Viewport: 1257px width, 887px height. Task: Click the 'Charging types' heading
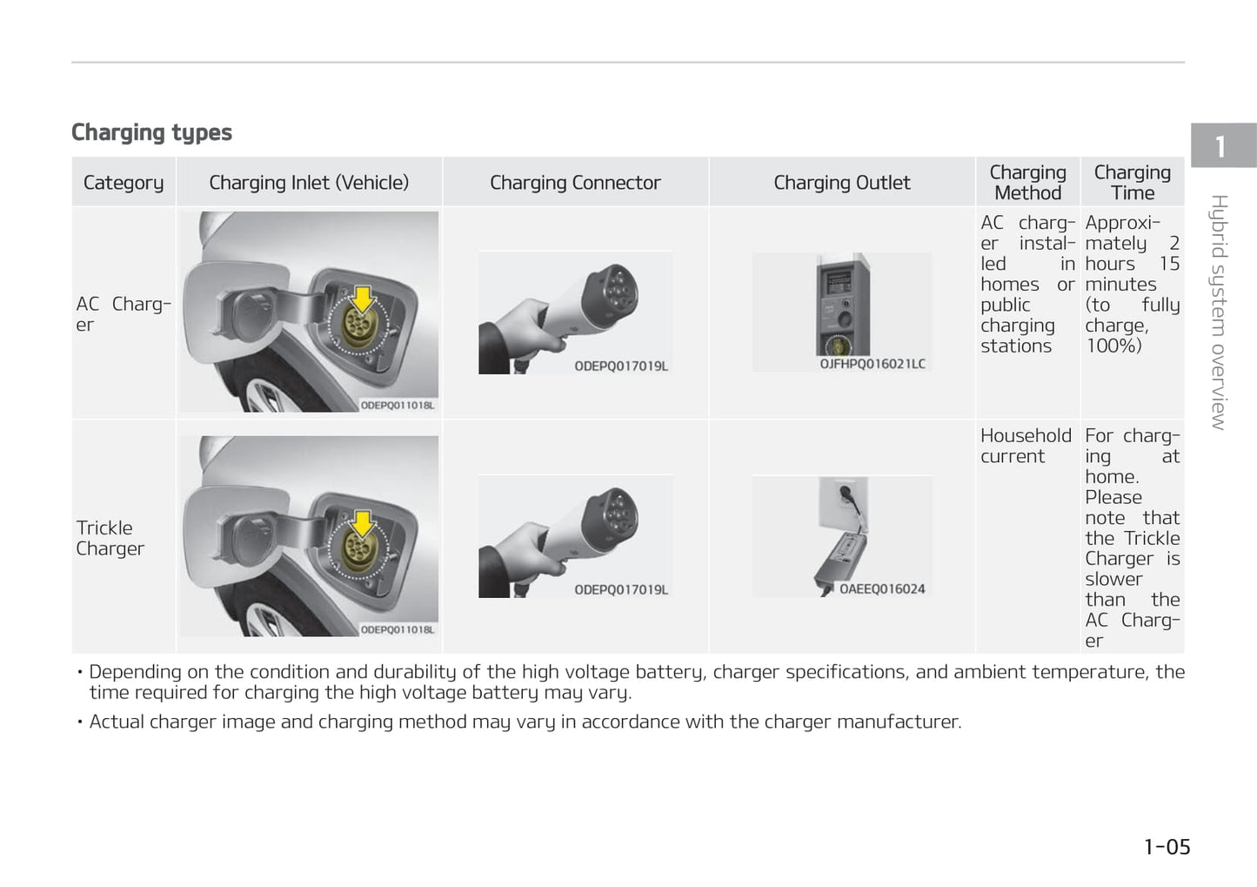[151, 132]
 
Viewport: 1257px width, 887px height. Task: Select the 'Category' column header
[124, 183]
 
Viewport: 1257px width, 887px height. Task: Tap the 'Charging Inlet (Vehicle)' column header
[309, 183]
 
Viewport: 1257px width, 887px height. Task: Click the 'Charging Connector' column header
[575, 183]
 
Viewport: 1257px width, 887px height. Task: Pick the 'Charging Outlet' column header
[841, 183]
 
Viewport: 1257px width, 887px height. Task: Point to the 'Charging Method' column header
[1027, 183]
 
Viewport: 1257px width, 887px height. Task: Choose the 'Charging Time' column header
[1132, 183]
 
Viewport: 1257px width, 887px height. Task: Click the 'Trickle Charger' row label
[110, 538]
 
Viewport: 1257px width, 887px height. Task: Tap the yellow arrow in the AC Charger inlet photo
[362, 299]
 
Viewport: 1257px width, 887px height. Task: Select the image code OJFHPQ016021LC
[873, 364]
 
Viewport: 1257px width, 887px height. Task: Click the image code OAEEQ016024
[881, 589]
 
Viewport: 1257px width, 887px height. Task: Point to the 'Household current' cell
[1026, 446]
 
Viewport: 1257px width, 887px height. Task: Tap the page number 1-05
[1167, 847]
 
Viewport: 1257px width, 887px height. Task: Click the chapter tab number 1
[1220, 146]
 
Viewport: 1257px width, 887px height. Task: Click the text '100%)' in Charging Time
[1113, 346]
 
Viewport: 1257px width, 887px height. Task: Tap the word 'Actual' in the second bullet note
[117, 722]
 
